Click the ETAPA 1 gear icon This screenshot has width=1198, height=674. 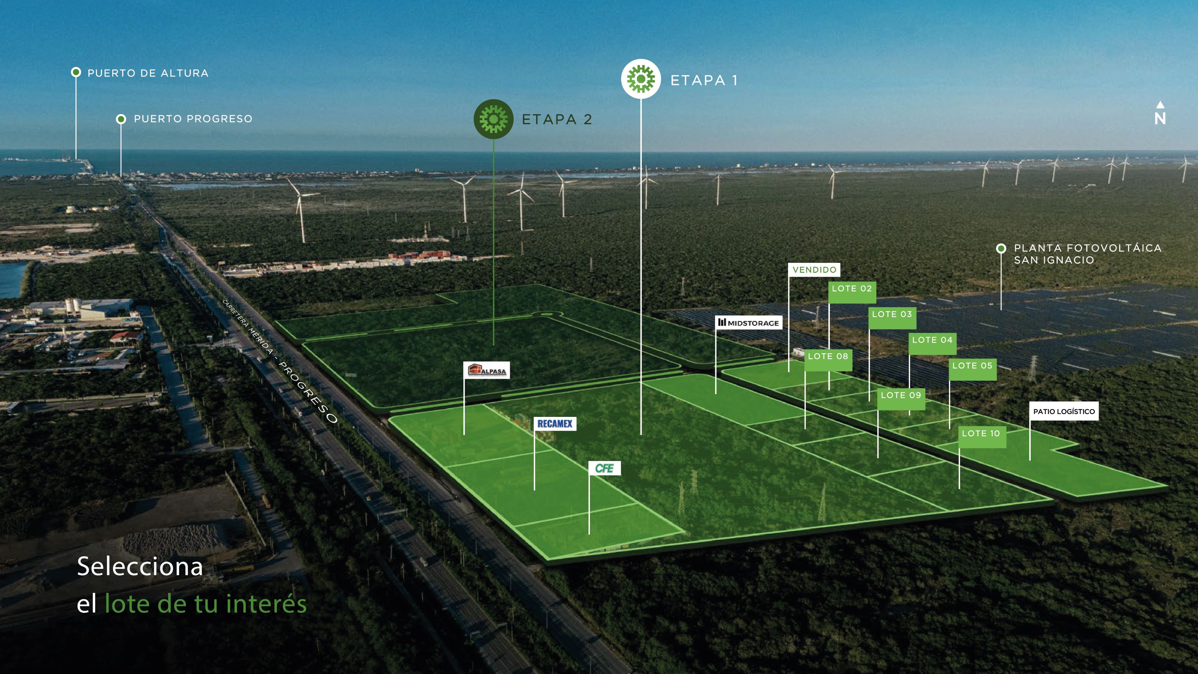(x=641, y=79)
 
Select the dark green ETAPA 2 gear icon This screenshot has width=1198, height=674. (x=494, y=119)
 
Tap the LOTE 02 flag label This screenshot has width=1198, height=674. (x=852, y=292)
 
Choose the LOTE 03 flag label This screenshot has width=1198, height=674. (x=892, y=318)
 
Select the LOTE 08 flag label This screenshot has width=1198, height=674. (x=828, y=359)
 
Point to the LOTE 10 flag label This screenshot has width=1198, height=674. (x=982, y=437)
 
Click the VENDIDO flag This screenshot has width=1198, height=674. (x=814, y=270)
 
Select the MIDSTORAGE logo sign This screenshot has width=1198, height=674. (x=749, y=322)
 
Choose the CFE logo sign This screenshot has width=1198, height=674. (x=605, y=468)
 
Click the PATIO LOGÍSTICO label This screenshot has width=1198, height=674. (x=1064, y=411)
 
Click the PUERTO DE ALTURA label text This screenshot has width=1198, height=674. (x=148, y=73)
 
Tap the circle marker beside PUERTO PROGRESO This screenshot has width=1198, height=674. (x=121, y=119)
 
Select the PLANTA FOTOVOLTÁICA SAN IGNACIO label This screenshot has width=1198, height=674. (x=1088, y=254)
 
